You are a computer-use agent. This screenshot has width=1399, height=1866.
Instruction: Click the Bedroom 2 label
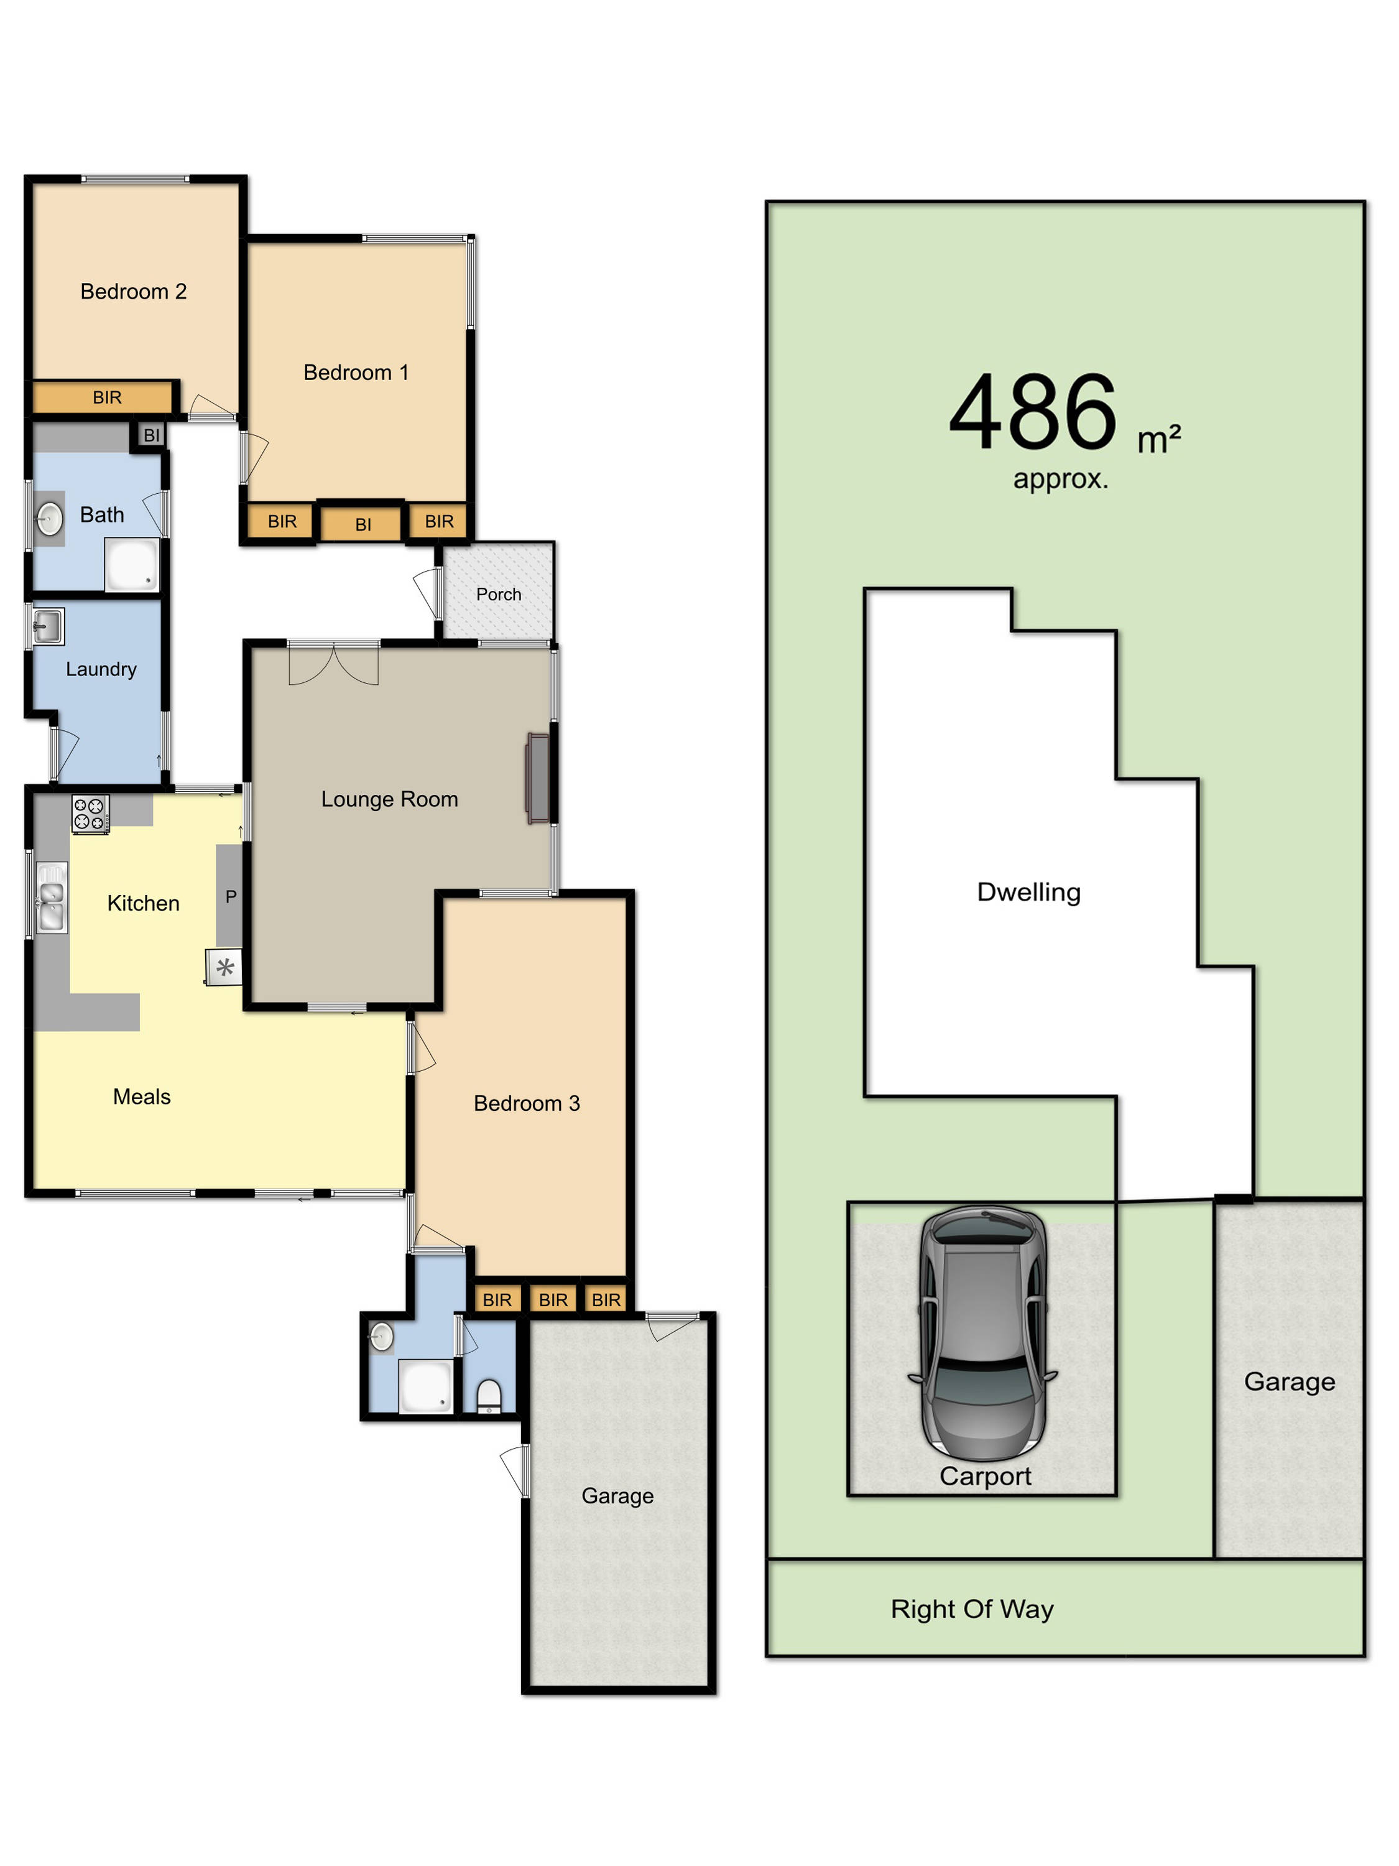133,292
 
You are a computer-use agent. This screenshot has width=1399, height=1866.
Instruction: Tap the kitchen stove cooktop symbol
90,815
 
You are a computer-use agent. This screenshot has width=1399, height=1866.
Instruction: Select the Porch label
499,595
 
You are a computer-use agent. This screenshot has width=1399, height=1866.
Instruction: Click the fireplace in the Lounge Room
538,777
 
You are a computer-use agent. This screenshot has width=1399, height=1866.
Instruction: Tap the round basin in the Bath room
50,518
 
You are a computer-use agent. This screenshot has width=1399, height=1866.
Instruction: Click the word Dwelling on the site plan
1028,893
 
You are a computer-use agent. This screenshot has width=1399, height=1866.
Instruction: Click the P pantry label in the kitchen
230,897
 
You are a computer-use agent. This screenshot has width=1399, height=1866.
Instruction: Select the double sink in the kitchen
52,897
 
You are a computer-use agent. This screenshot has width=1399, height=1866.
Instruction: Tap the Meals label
142,1097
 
